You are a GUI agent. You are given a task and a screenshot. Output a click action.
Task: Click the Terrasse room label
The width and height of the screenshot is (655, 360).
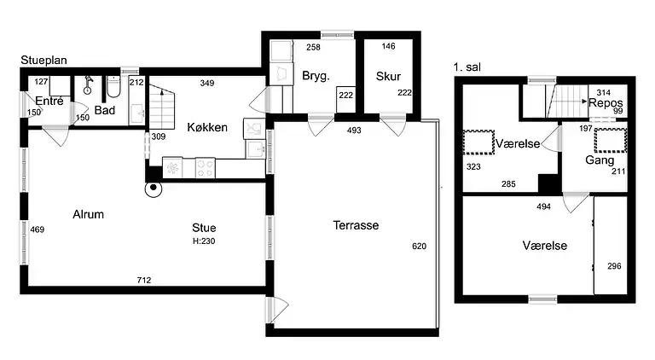(356, 225)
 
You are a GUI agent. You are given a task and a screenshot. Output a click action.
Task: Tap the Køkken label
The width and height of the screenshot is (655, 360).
(207, 127)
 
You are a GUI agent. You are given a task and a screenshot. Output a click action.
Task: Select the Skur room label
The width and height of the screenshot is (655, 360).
(388, 77)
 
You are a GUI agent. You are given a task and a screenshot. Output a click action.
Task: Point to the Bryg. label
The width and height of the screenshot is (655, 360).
(316, 77)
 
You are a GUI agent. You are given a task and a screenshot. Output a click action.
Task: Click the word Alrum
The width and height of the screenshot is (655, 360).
(88, 215)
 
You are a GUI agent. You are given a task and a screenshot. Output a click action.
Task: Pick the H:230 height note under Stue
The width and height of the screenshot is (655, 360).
(204, 241)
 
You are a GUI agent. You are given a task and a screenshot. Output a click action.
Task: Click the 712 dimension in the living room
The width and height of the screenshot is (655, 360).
(144, 280)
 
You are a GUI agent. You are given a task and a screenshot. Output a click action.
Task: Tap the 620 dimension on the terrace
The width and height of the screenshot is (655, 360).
(419, 247)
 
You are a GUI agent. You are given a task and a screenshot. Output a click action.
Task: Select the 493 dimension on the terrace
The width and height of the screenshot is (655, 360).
(354, 131)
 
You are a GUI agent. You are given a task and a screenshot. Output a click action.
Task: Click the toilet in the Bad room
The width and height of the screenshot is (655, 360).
(113, 86)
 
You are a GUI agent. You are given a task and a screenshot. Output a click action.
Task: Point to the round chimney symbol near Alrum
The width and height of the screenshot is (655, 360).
(154, 189)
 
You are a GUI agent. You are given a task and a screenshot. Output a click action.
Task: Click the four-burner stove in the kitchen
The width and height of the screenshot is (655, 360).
(205, 168)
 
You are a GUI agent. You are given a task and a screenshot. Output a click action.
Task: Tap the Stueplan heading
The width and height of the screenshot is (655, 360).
(43, 60)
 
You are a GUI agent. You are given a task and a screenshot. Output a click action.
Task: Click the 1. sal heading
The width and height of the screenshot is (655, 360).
(467, 67)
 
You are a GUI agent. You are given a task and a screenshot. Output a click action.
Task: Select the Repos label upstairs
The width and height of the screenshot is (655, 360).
(606, 103)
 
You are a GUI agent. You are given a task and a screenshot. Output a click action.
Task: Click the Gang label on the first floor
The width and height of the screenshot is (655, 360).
(600, 160)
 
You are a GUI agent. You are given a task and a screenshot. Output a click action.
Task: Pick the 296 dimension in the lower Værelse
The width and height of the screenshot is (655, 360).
(614, 266)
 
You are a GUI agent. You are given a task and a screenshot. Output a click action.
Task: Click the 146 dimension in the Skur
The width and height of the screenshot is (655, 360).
(389, 46)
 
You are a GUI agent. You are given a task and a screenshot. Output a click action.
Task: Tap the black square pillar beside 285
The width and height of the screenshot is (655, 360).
(549, 183)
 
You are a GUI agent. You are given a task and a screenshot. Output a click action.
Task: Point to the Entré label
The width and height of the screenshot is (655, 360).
(49, 101)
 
